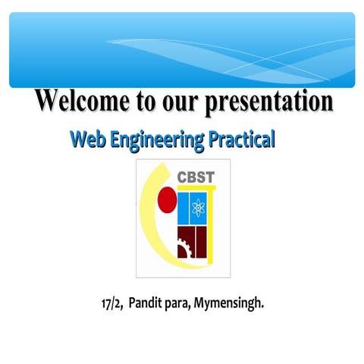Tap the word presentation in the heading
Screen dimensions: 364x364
pyautogui.click(x=269, y=102)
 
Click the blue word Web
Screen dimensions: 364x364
pyautogui.click(x=86, y=140)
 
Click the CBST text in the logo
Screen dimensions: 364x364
pyautogui.click(x=196, y=179)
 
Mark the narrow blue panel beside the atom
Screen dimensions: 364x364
pyautogui.click(x=183, y=206)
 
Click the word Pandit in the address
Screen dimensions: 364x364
pyautogui.click(x=146, y=304)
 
